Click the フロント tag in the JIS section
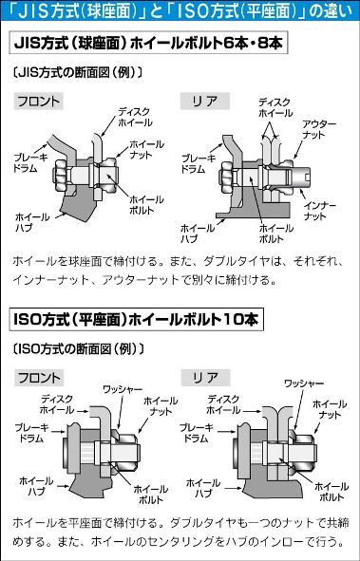[39, 102]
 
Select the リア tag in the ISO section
[205, 378]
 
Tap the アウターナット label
[319, 129]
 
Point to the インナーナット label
[320, 211]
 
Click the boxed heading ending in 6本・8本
[148, 44]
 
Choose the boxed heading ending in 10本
[137, 320]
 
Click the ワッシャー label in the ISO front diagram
[123, 389]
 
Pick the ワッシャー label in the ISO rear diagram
[304, 383]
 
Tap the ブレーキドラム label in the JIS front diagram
[30, 162]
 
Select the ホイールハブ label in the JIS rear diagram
[198, 234]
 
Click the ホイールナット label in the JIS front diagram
[146, 150]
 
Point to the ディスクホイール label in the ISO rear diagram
[225, 404]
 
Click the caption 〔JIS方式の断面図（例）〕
[78, 73]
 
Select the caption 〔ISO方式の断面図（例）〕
[79, 348]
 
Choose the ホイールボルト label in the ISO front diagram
[151, 495]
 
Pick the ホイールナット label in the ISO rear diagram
[330, 409]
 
